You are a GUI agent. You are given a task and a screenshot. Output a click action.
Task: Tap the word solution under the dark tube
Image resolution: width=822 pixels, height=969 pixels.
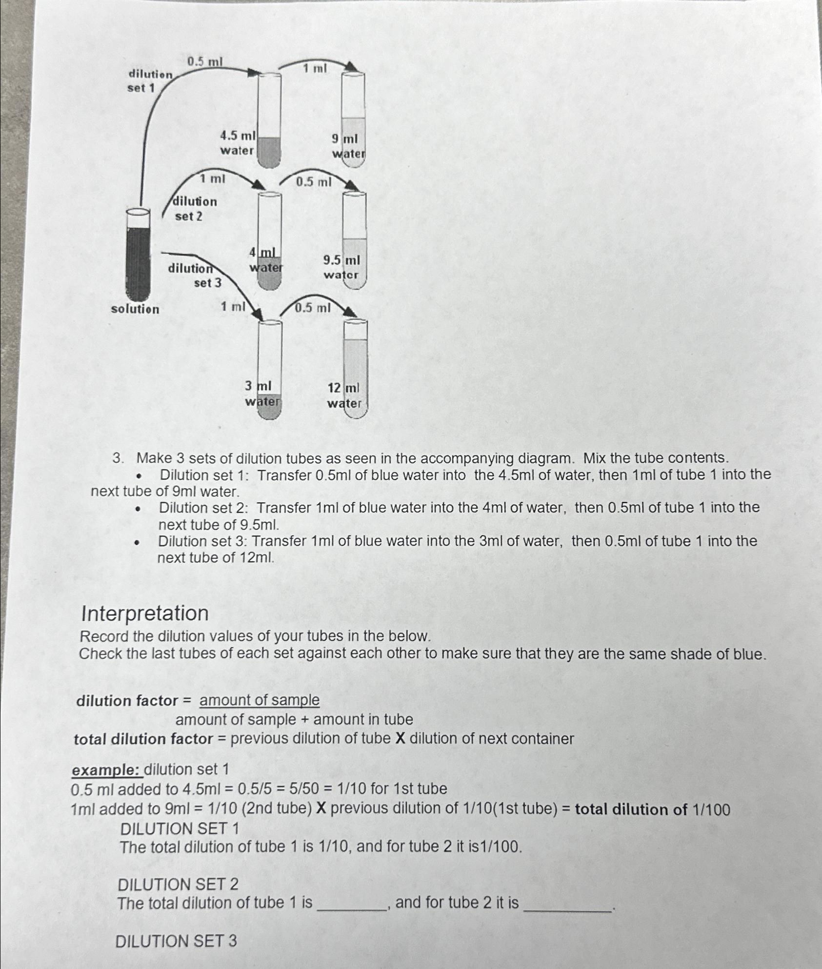coord(135,309)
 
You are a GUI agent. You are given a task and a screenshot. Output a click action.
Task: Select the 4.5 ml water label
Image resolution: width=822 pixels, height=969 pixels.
coord(238,143)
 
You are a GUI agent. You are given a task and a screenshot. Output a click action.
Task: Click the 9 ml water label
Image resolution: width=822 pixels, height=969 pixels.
coord(347,146)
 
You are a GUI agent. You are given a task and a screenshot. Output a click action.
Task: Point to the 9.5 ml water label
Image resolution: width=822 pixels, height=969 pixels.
coord(341,267)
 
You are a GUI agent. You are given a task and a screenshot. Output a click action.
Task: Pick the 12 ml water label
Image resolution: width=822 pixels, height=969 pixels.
coord(344,396)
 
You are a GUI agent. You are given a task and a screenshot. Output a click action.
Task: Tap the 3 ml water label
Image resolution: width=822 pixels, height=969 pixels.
coord(262,394)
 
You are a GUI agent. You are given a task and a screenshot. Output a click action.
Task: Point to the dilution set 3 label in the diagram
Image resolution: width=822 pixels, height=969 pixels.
coord(198,275)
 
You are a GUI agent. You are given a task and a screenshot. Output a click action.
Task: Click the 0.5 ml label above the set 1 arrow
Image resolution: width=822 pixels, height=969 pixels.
coord(205,61)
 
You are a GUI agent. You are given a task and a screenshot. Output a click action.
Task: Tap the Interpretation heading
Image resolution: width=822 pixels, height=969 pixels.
coord(145,613)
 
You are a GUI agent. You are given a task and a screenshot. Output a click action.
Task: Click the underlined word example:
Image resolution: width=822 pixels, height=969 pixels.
coord(106,770)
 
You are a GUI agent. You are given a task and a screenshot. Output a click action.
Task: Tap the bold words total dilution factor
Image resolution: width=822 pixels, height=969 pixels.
coord(143,739)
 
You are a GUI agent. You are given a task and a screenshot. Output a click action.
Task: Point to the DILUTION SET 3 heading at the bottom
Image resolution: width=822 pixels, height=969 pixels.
coord(176,941)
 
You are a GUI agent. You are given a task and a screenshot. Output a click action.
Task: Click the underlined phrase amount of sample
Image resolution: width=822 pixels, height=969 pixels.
coord(260,700)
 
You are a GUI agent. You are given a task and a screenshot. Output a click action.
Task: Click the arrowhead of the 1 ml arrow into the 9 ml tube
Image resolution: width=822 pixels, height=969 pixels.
coord(352,67)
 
